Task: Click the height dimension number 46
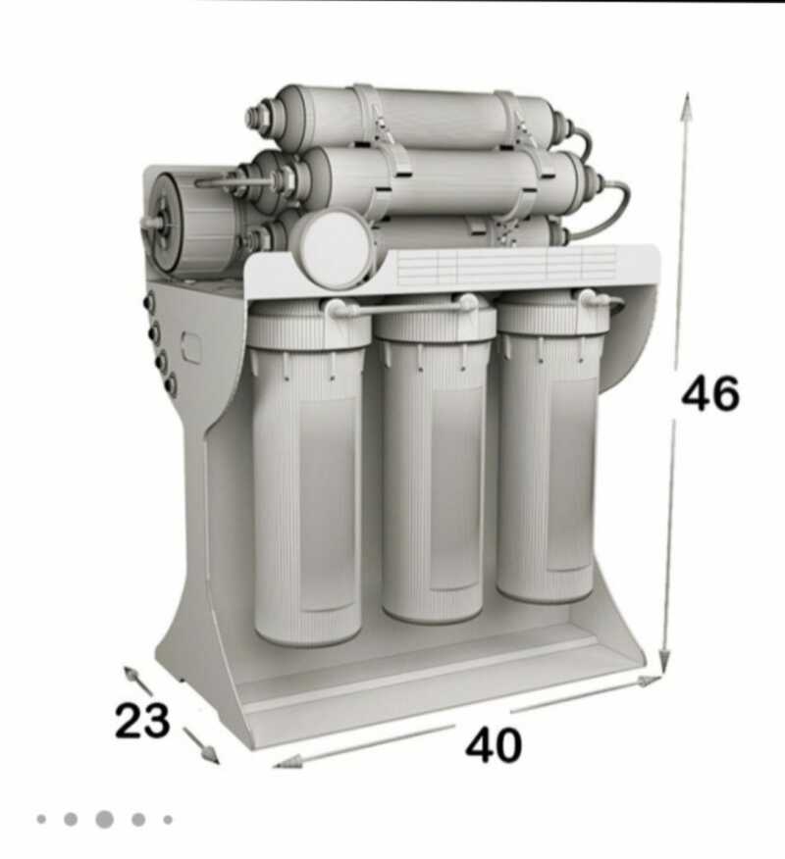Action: tap(709, 394)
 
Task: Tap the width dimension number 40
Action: tap(494, 745)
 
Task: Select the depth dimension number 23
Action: tap(142, 720)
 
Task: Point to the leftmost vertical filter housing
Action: tap(308, 471)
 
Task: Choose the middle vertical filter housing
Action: tap(433, 460)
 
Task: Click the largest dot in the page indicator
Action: tap(104, 820)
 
